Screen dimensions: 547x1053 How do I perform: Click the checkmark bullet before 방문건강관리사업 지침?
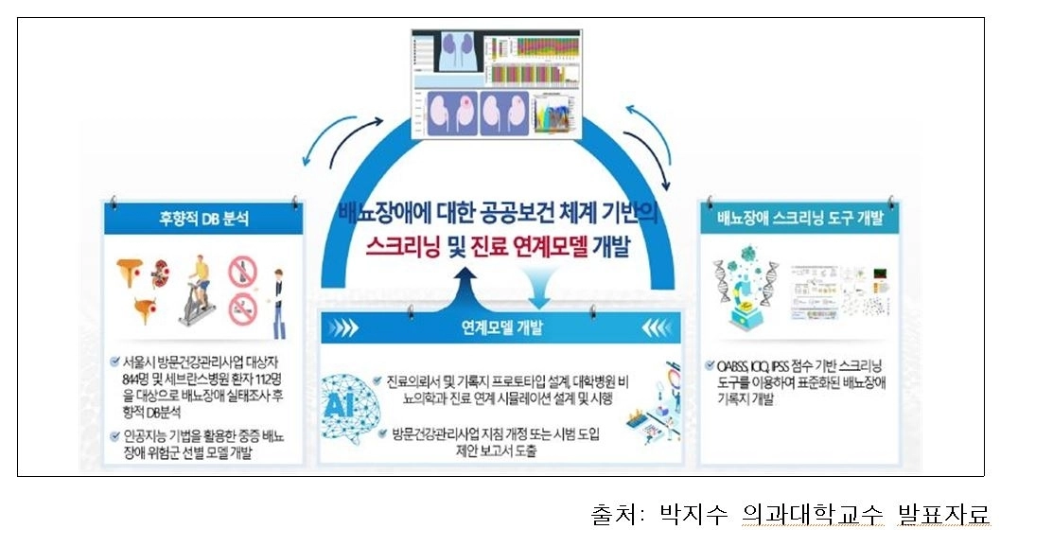pos(377,433)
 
